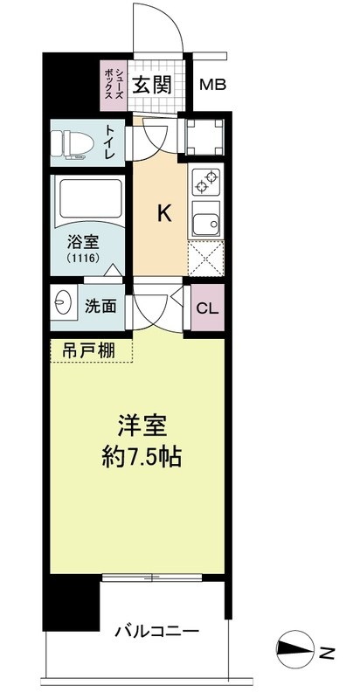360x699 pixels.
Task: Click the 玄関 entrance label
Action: tap(151, 85)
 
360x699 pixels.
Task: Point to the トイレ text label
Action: tap(111, 142)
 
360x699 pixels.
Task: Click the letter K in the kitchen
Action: tap(162, 213)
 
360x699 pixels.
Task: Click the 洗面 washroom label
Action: tap(99, 308)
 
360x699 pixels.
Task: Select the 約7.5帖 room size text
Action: tap(149, 456)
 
